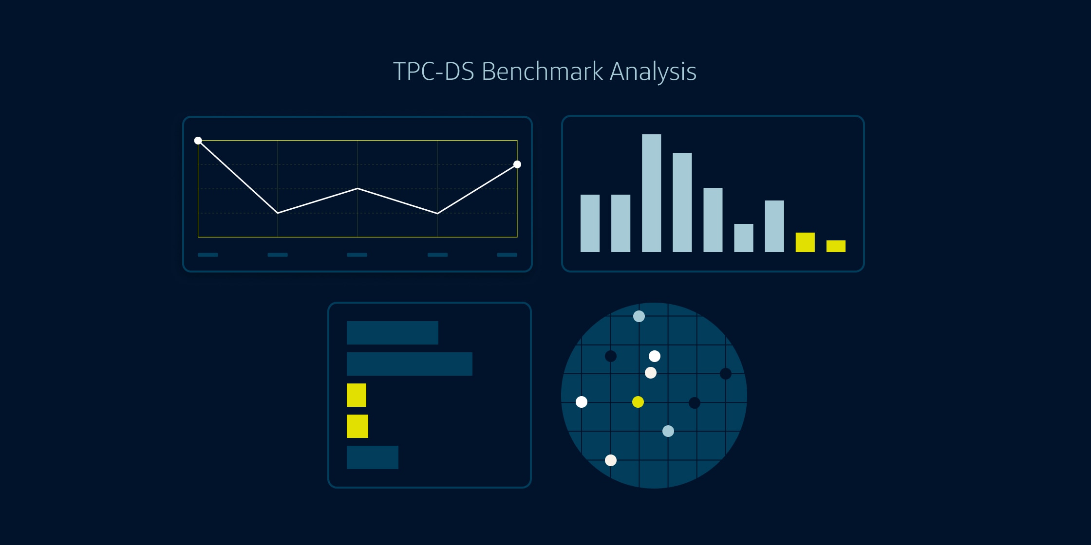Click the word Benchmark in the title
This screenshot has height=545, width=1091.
542,72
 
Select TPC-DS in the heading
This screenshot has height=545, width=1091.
433,72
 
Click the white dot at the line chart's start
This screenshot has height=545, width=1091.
198,141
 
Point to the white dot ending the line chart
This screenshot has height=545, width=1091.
517,164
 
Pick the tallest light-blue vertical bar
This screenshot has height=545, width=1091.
651,193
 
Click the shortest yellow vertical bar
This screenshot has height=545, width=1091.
836,246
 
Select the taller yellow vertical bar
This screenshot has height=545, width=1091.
805,242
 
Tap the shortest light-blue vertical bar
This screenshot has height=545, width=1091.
743,238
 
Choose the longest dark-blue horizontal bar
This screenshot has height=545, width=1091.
409,364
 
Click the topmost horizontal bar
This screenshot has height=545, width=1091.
392,333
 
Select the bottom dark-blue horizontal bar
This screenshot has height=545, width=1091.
372,457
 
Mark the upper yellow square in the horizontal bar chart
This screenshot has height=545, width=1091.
357,395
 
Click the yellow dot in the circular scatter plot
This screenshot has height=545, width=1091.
638,402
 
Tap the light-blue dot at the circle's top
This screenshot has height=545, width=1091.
639,317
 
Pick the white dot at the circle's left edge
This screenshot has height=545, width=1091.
582,402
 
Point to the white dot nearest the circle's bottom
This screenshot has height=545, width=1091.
611,460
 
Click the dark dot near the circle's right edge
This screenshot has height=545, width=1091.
726,374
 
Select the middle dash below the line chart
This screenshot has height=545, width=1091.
357,255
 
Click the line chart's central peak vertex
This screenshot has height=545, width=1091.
357,188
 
